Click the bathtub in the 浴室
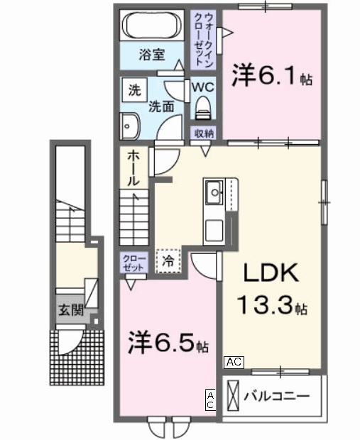[x=153, y=27]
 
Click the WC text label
[x=203, y=87]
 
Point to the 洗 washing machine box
[x=133, y=90]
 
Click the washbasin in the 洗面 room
[x=129, y=126]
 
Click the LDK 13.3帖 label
[x=271, y=290]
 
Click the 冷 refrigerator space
[x=168, y=260]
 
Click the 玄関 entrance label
[x=71, y=309]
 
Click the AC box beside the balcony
[x=234, y=362]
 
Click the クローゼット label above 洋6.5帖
[x=132, y=262]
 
